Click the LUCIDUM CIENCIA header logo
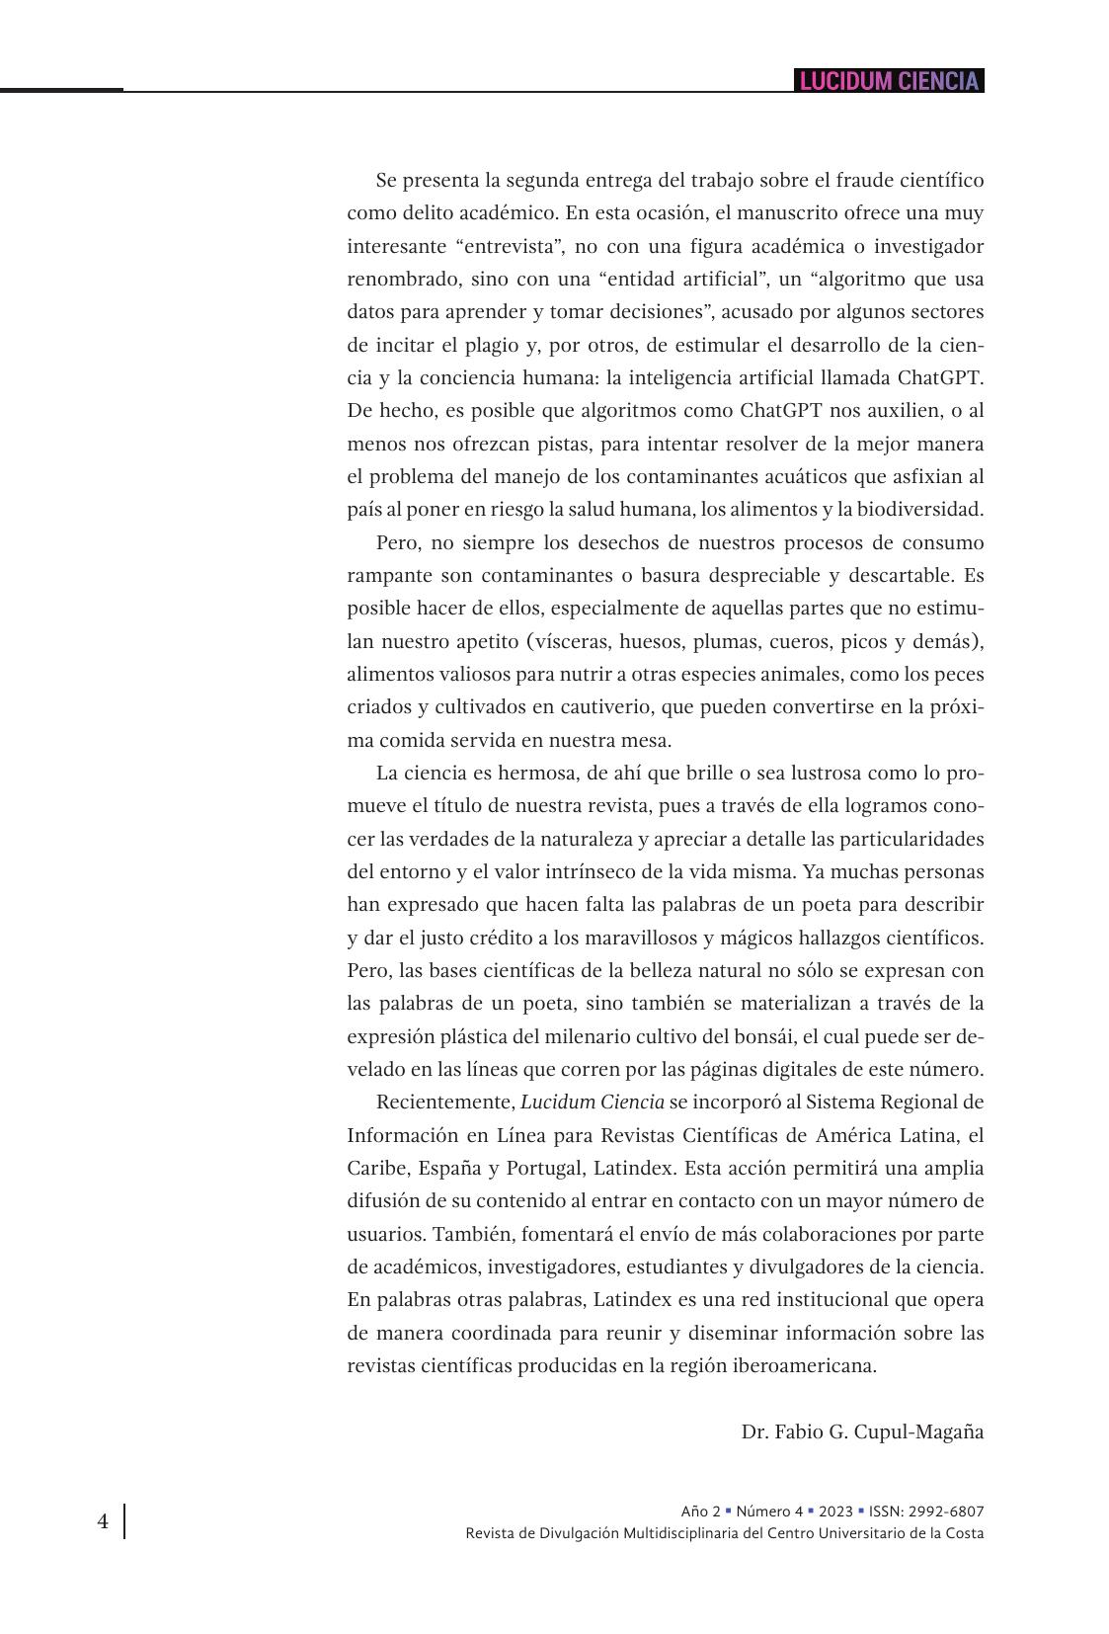(x=889, y=81)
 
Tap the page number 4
(x=103, y=1521)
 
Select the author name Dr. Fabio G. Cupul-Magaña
(x=862, y=1431)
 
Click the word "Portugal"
(x=544, y=1168)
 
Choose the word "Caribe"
(x=376, y=1168)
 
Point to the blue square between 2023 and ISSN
(x=861, y=1511)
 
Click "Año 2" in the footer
(x=700, y=1511)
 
